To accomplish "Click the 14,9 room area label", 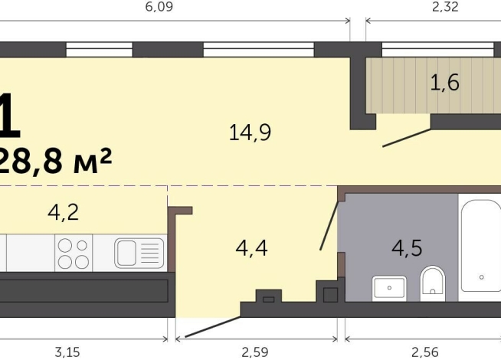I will click(250, 133).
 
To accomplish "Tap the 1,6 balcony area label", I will click(444, 83).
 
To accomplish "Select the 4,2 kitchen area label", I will click(64, 211).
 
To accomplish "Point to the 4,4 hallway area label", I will click(250, 248).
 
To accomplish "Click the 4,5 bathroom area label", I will click(407, 248).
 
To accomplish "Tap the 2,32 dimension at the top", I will click(446, 7).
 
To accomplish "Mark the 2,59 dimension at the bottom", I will click(257, 352).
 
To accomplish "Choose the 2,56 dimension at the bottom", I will click(424, 352).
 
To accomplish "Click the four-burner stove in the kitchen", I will click(73, 253).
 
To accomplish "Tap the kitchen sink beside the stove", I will click(139, 252).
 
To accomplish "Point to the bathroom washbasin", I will click(389, 288).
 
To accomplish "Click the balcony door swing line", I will click(407, 137).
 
